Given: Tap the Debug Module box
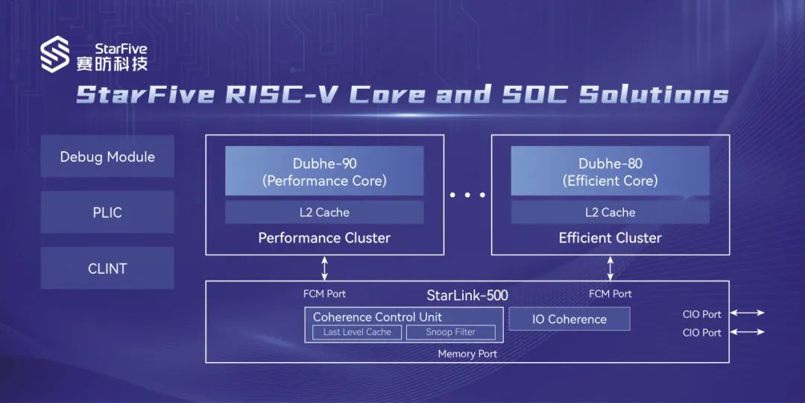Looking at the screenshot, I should (x=107, y=157).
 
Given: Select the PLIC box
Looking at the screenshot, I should (x=107, y=213).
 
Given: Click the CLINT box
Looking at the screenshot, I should (x=107, y=269).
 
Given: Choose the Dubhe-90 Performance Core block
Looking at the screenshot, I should (x=324, y=172).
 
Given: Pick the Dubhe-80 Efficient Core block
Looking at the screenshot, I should (x=610, y=172).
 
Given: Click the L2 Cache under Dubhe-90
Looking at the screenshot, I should (x=324, y=213).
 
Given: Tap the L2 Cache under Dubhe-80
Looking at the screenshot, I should (x=610, y=213).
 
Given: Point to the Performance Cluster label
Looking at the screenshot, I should (x=324, y=238).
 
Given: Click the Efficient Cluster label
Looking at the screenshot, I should (x=610, y=238).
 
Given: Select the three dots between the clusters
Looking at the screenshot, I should (x=467, y=195).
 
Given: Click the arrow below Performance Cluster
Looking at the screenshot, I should (x=324, y=268).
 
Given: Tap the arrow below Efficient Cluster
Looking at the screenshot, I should (x=610, y=268).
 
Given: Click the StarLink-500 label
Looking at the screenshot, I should (x=467, y=296).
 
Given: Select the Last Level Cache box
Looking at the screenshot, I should (x=357, y=332).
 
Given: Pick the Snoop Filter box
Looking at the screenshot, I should (x=450, y=332).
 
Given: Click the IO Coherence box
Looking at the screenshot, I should (x=569, y=319).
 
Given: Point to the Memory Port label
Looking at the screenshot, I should (x=467, y=354).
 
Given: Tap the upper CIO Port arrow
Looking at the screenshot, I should (x=748, y=313).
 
